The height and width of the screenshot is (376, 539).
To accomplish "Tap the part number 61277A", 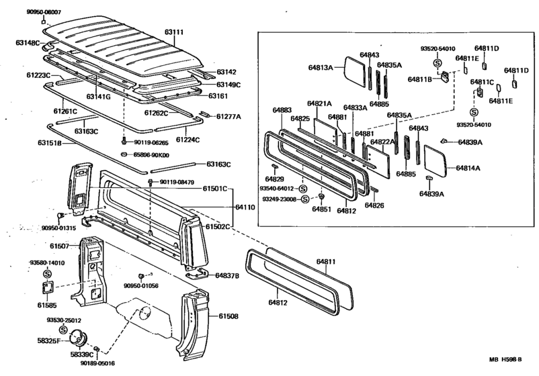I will point(229,116).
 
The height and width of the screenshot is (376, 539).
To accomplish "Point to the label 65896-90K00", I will point(151,155).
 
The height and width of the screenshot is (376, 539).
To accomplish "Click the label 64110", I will point(245,209).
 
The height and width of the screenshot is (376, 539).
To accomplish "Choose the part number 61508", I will point(229,316).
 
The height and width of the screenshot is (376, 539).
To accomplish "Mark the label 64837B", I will point(227,275).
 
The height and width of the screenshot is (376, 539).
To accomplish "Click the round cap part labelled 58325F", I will point(83,338).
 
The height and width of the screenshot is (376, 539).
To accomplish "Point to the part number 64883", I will point(282,109).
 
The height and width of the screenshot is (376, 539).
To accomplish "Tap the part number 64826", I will point(374,205).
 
